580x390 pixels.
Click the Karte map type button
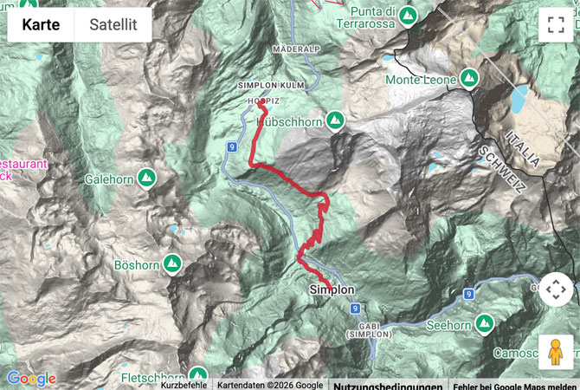click(41, 25)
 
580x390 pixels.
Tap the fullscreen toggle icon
click(555, 25)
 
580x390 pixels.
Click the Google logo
click(31, 379)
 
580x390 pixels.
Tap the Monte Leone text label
click(421, 81)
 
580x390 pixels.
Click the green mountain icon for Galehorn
click(147, 178)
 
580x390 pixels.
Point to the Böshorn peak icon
click(173, 262)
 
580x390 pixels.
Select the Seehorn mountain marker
click(483, 326)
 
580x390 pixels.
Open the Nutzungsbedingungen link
click(388, 385)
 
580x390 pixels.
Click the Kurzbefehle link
click(184, 385)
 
